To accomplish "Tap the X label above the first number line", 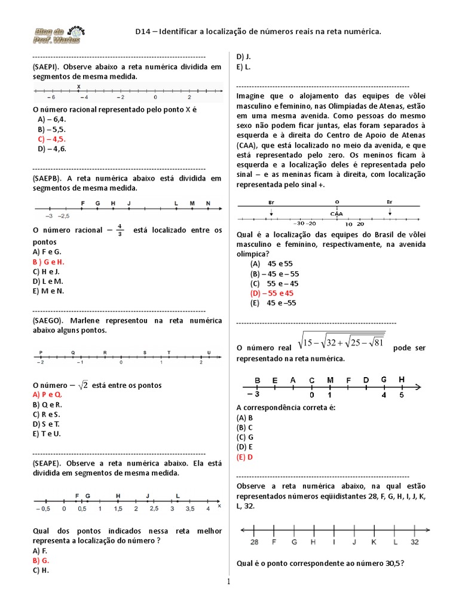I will coord(79,87).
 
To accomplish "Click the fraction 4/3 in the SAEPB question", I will coord(120,229).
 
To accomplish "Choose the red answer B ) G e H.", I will coord(49,262).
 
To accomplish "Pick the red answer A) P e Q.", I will coord(48,395).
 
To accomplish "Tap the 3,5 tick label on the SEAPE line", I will coord(190,509).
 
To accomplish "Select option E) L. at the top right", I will coord(243,67).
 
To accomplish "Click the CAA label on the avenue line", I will coord(336,213).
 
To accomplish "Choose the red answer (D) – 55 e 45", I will coord(273,293).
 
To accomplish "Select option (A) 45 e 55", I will coord(272,264).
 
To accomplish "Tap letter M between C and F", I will coord(330,380).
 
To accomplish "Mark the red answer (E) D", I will coord(245,457).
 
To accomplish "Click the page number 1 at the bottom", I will coord(228,582).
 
